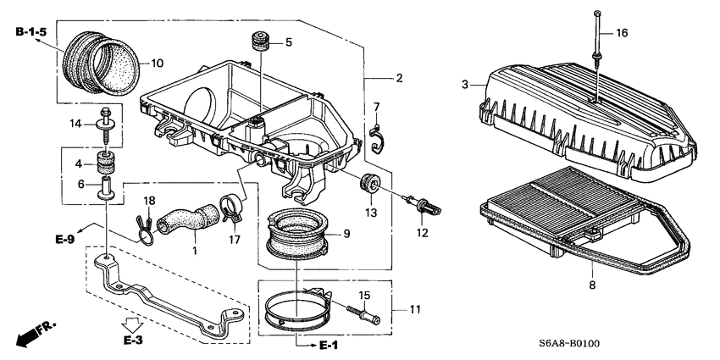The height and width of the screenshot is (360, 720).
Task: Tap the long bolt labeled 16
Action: point(598,42)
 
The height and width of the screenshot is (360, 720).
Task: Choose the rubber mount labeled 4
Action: point(106,162)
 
